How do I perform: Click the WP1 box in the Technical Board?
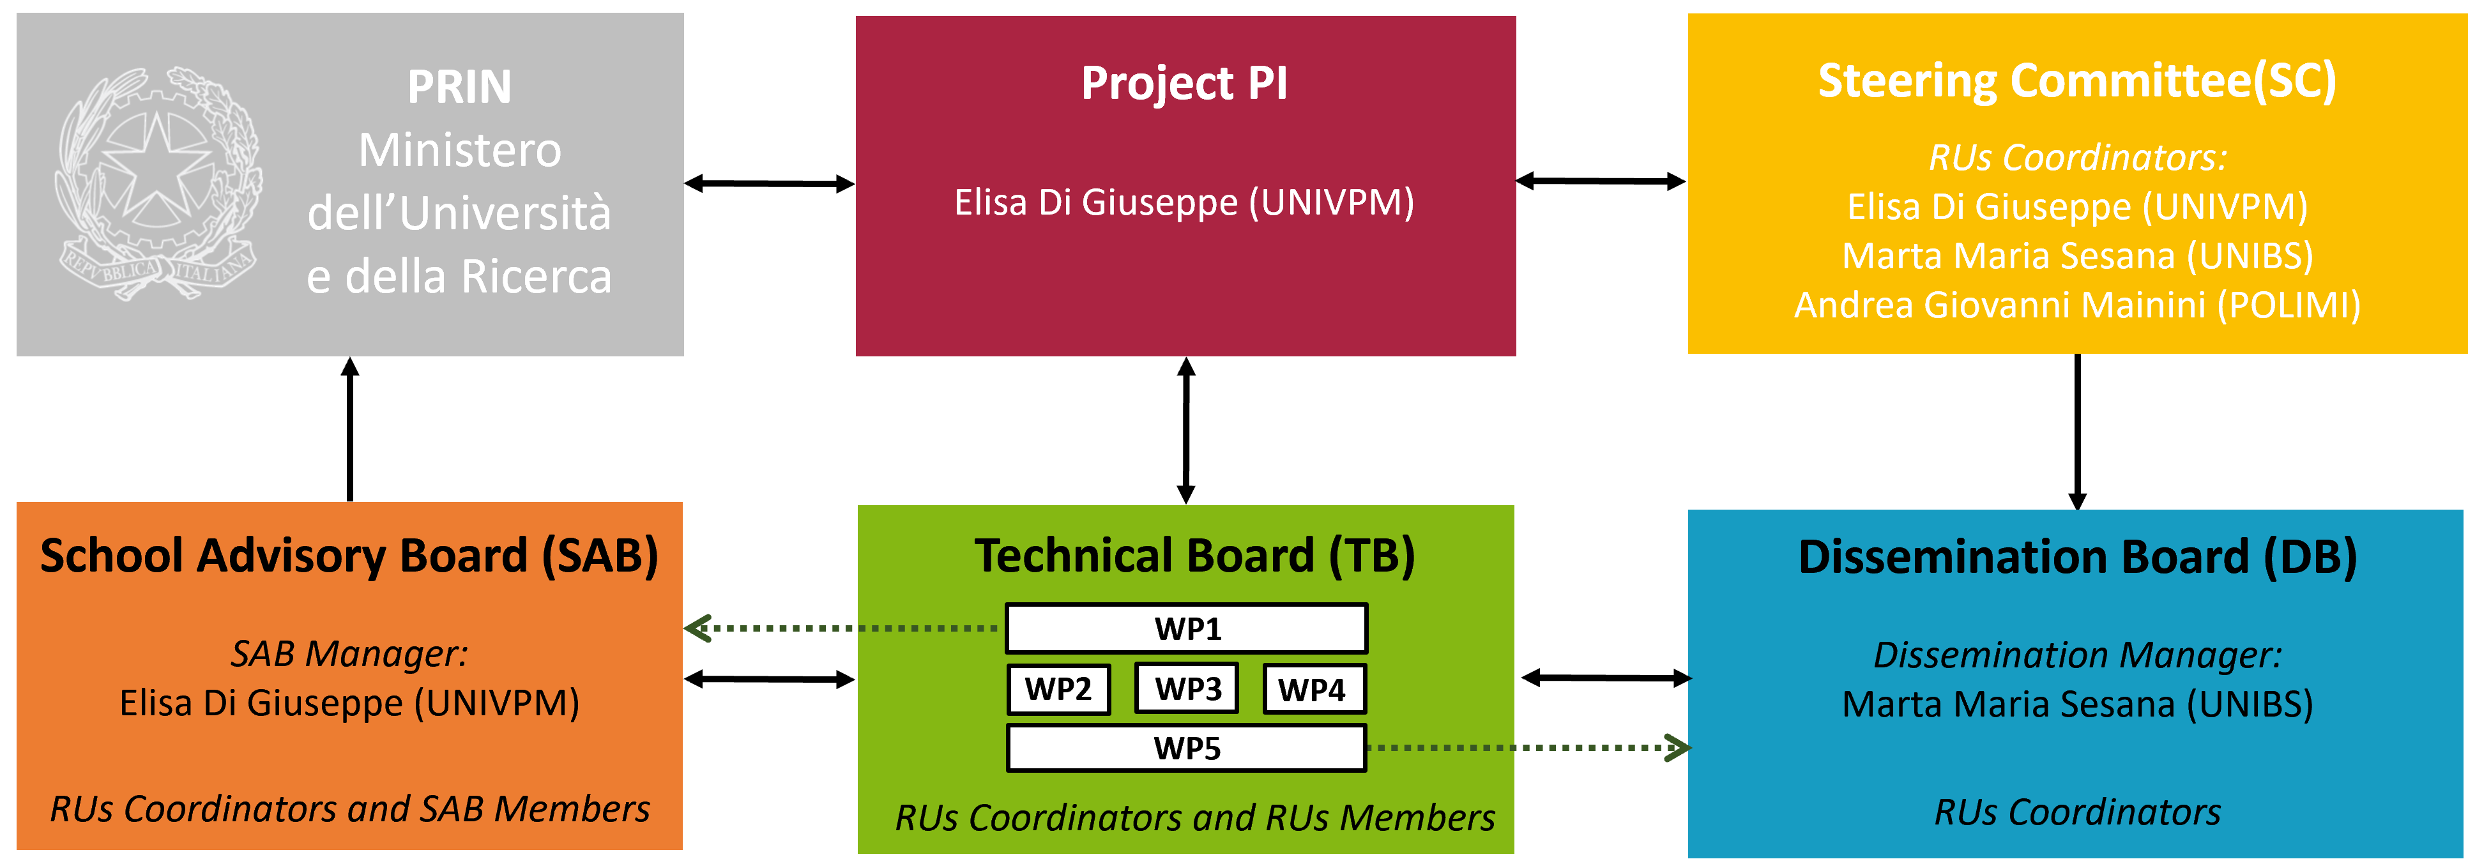[1186, 628]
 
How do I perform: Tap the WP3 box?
[1187, 688]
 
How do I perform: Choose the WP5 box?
[1186, 748]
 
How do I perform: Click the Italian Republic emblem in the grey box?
[158, 182]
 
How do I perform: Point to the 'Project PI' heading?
[1184, 83]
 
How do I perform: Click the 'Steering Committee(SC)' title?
[2077, 80]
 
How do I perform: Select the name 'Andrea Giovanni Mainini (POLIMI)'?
[2077, 305]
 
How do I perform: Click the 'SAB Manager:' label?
[350, 653]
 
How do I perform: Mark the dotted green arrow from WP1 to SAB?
[842, 628]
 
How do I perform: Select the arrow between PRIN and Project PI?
[769, 183]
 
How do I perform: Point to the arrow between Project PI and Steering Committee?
[1601, 180]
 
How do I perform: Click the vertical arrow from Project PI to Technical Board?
[1186, 430]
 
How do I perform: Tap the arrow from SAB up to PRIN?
[350, 429]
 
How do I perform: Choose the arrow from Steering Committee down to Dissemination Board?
[2077, 432]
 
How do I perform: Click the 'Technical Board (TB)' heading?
[1194, 556]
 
